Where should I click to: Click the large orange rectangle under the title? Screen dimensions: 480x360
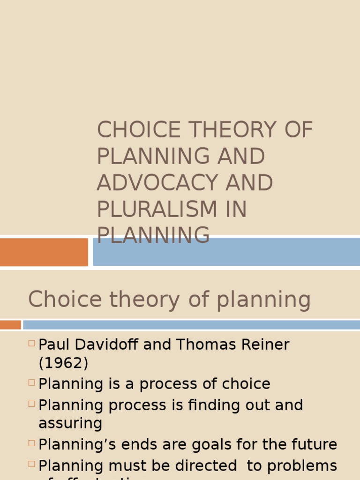(x=44, y=252)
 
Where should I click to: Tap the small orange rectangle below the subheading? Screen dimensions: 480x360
(x=10, y=324)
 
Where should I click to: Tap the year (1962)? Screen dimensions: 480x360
(x=63, y=363)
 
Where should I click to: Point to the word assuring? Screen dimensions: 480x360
(x=70, y=423)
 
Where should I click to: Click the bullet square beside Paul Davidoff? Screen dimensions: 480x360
(x=31, y=343)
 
